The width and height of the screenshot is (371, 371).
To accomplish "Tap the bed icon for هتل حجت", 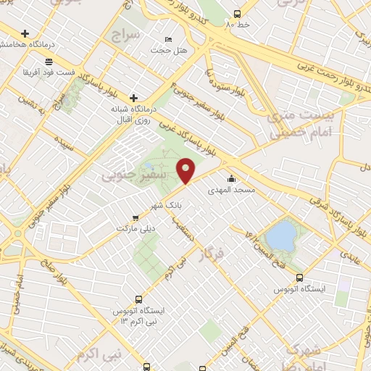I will pyautogui.click(x=169, y=39).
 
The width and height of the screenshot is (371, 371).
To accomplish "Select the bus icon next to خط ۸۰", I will pyautogui.click(x=237, y=14).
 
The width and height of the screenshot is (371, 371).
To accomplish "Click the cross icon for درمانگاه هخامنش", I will pyautogui.click(x=26, y=33).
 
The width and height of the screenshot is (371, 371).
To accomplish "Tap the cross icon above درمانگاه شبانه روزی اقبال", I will pyautogui.click(x=133, y=98).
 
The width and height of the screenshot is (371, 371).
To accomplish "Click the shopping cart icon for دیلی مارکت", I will pyautogui.click(x=136, y=217).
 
